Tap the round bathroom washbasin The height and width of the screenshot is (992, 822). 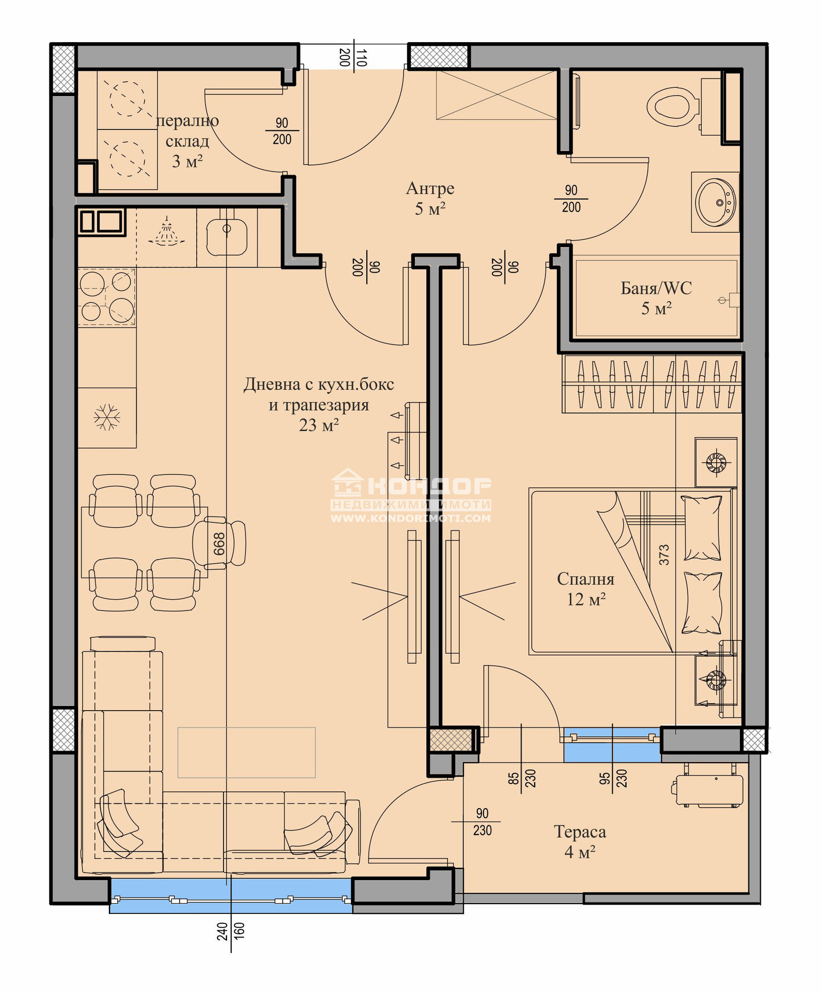(715, 202)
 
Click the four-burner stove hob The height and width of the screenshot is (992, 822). (106, 297)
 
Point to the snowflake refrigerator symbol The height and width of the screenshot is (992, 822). (107, 417)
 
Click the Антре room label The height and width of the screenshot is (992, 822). (430, 188)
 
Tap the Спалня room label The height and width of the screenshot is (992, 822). (586, 579)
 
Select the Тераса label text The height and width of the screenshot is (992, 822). (580, 831)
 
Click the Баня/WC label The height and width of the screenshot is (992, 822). (656, 288)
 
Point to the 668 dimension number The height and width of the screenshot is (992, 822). (219, 544)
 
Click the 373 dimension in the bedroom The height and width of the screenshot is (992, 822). (664, 555)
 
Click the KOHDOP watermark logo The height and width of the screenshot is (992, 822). (411, 495)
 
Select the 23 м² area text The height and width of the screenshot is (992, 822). (319, 425)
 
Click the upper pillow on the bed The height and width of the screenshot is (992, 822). (702, 528)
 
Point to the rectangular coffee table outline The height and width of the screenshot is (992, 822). (247, 752)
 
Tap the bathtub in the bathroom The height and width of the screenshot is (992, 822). (657, 298)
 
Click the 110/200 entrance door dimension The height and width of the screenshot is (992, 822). (353, 57)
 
